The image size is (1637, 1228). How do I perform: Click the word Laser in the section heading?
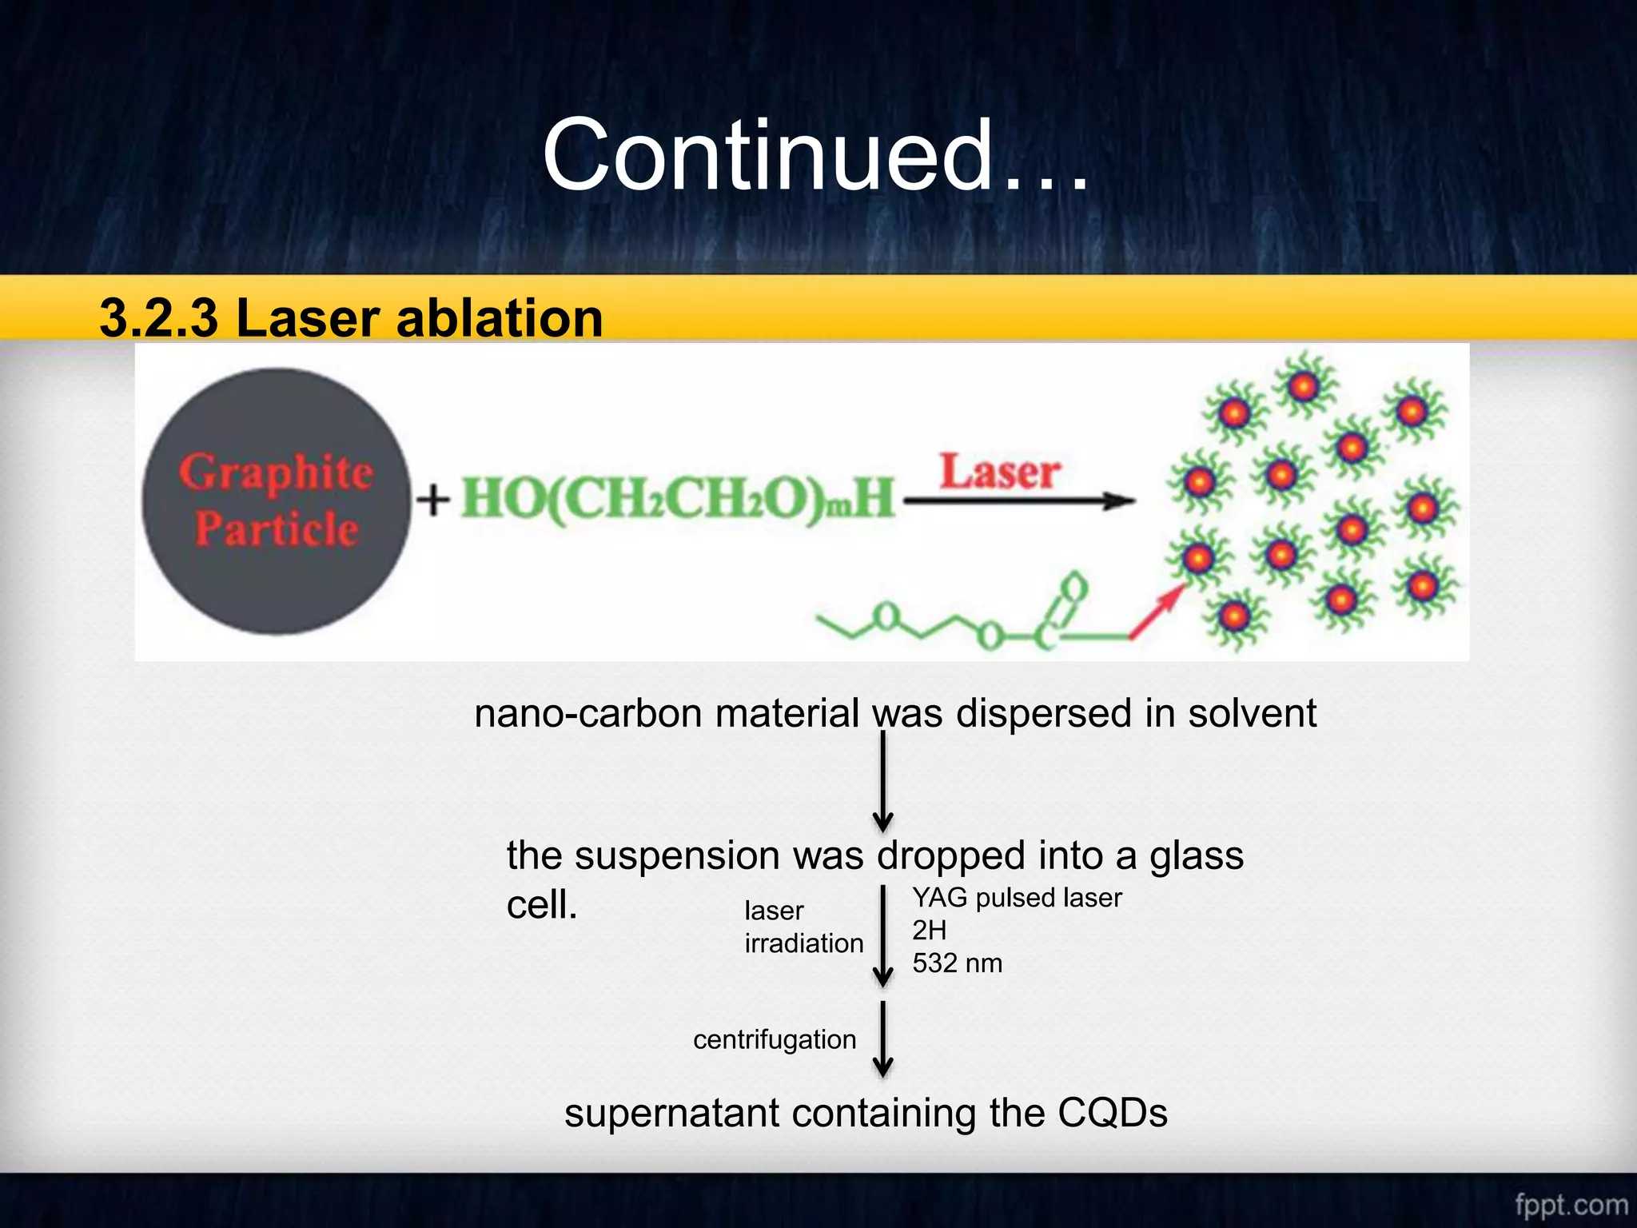point(309,317)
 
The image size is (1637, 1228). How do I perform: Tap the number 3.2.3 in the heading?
point(158,317)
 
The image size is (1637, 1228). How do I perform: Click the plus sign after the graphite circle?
point(432,500)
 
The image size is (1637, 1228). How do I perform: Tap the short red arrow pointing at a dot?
point(1156,612)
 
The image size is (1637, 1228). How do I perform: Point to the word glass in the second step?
point(1196,855)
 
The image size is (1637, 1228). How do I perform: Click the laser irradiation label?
point(803,927)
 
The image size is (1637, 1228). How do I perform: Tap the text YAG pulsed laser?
point(1017,898)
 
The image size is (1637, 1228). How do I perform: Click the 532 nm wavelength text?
point(957,963)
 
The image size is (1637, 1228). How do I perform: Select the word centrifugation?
point(774,1039)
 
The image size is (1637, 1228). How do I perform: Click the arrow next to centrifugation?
point(882,1039)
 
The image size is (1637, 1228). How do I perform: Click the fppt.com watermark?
point(1571,1204)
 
